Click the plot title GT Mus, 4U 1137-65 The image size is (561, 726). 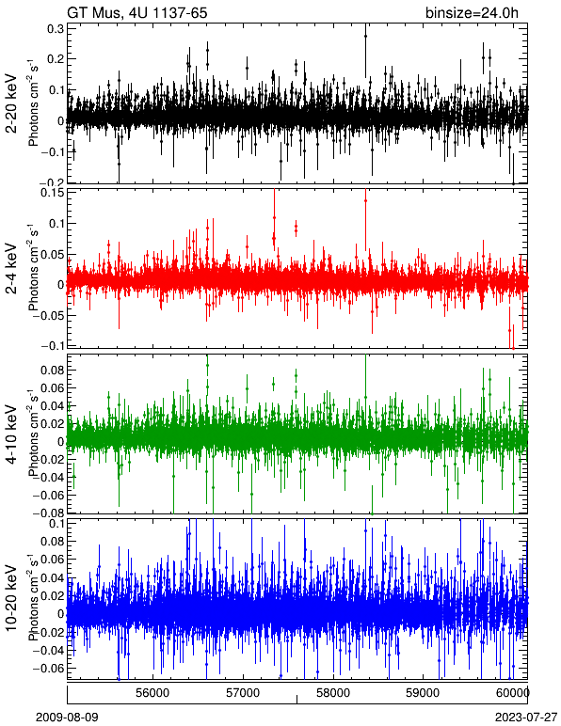point(137,12)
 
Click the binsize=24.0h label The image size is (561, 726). point(473,12)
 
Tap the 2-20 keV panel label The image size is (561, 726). point(11,103)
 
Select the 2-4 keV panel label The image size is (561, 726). point(11,269)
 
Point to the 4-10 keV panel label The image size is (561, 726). point(11,434)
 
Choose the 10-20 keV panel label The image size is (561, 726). point(11,598)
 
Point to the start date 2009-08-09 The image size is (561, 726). point(67,718)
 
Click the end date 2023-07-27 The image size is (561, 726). point(526,718)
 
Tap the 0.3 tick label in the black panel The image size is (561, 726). point(56,28)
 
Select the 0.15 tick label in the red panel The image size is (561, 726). point(53,192)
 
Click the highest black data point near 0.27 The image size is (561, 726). point(365,36)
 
